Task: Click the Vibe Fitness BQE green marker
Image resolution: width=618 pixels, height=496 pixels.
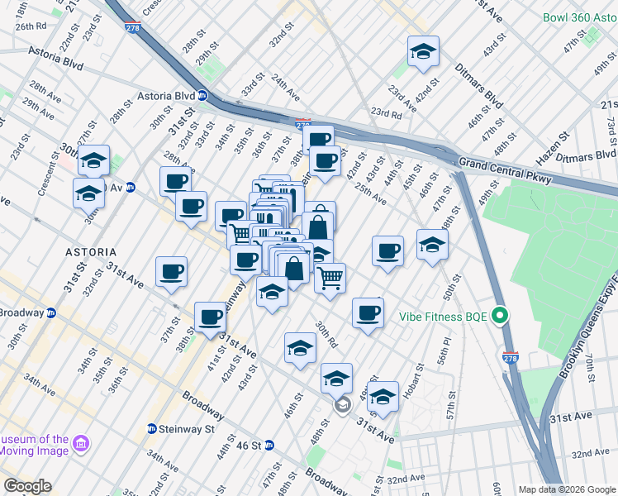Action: (499, 316)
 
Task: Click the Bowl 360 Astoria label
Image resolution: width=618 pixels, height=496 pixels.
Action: (579, 17)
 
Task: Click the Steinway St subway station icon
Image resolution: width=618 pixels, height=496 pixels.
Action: (152, 429)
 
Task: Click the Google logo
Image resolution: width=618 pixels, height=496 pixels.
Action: (27, 486)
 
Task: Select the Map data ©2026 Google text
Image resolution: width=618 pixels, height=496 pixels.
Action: (566, 489)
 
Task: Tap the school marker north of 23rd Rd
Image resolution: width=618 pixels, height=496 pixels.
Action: (424, 51)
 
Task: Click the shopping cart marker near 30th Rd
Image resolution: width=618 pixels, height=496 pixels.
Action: (330, 277)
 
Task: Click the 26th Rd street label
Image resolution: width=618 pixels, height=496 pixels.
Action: (29, 26)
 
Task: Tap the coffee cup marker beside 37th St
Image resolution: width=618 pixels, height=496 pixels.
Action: (171, 270)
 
